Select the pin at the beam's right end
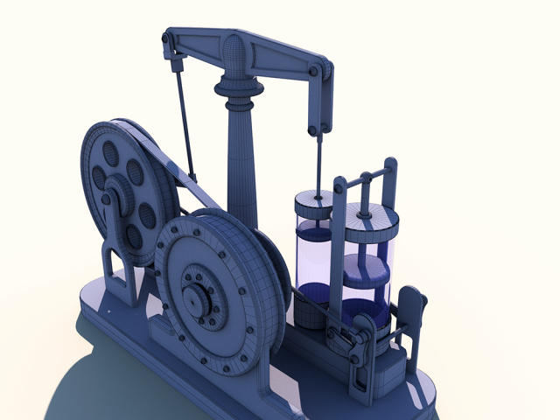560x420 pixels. (x=325, y=71)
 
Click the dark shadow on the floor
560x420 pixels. (x=96, y=385)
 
